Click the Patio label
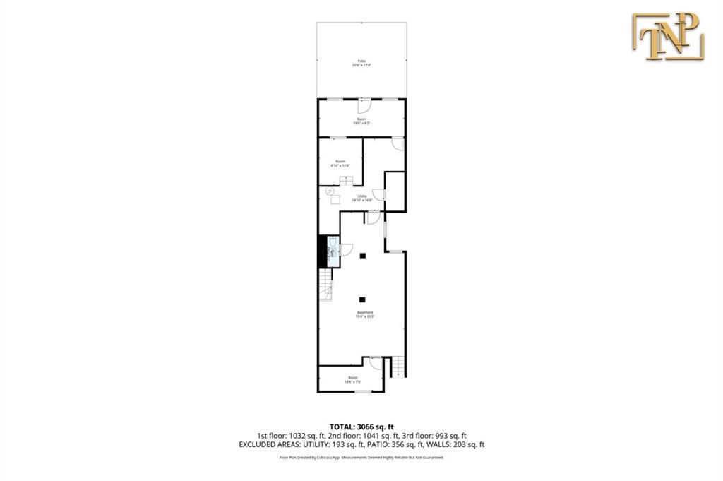tap(361, 61)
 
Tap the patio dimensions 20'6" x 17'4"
tap(361, 65)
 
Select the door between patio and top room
tap(364, 106)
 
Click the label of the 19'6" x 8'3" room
tap(361, 121)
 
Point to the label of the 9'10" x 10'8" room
tap(340, 163)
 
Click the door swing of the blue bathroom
tap(345, 249)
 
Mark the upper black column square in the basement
tap(362, 256)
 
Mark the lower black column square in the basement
tap(362, 299)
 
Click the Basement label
tap(364, 313)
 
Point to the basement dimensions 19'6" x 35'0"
tap(364, 317)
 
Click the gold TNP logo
tap(668, 36)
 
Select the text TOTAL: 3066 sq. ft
tap(361, 427)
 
